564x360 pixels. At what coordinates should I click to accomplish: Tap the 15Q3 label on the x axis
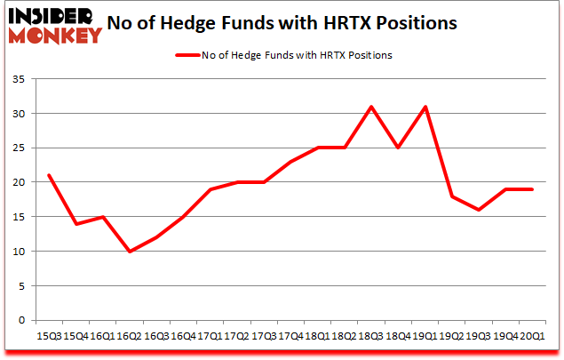point(48,336)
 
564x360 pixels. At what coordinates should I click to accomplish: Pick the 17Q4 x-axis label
point(289,336)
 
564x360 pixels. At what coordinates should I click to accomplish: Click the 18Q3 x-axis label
point(369,336)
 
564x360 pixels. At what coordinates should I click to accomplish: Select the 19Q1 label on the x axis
point(423,336)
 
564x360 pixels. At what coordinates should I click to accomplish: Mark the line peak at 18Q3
point(369,107)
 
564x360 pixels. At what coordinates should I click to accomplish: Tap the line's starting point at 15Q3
point(49,175)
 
